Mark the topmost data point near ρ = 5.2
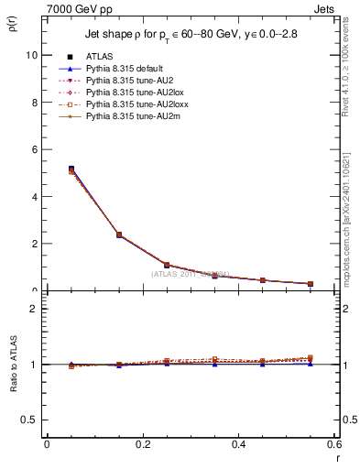(x=71, y=169)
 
